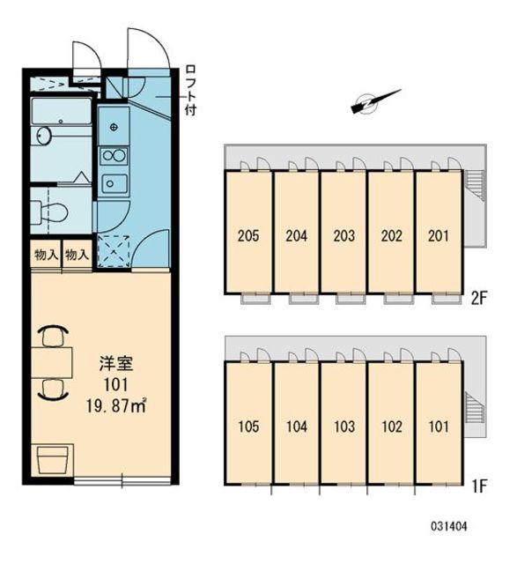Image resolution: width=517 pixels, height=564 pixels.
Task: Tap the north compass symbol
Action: [x=369, y=103]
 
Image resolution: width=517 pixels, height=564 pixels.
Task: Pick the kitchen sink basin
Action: [x=114, y=183]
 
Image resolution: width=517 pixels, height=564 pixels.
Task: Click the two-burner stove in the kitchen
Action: [x=114, y=156]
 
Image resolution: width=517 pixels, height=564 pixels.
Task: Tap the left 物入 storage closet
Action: [x=45, y=255]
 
